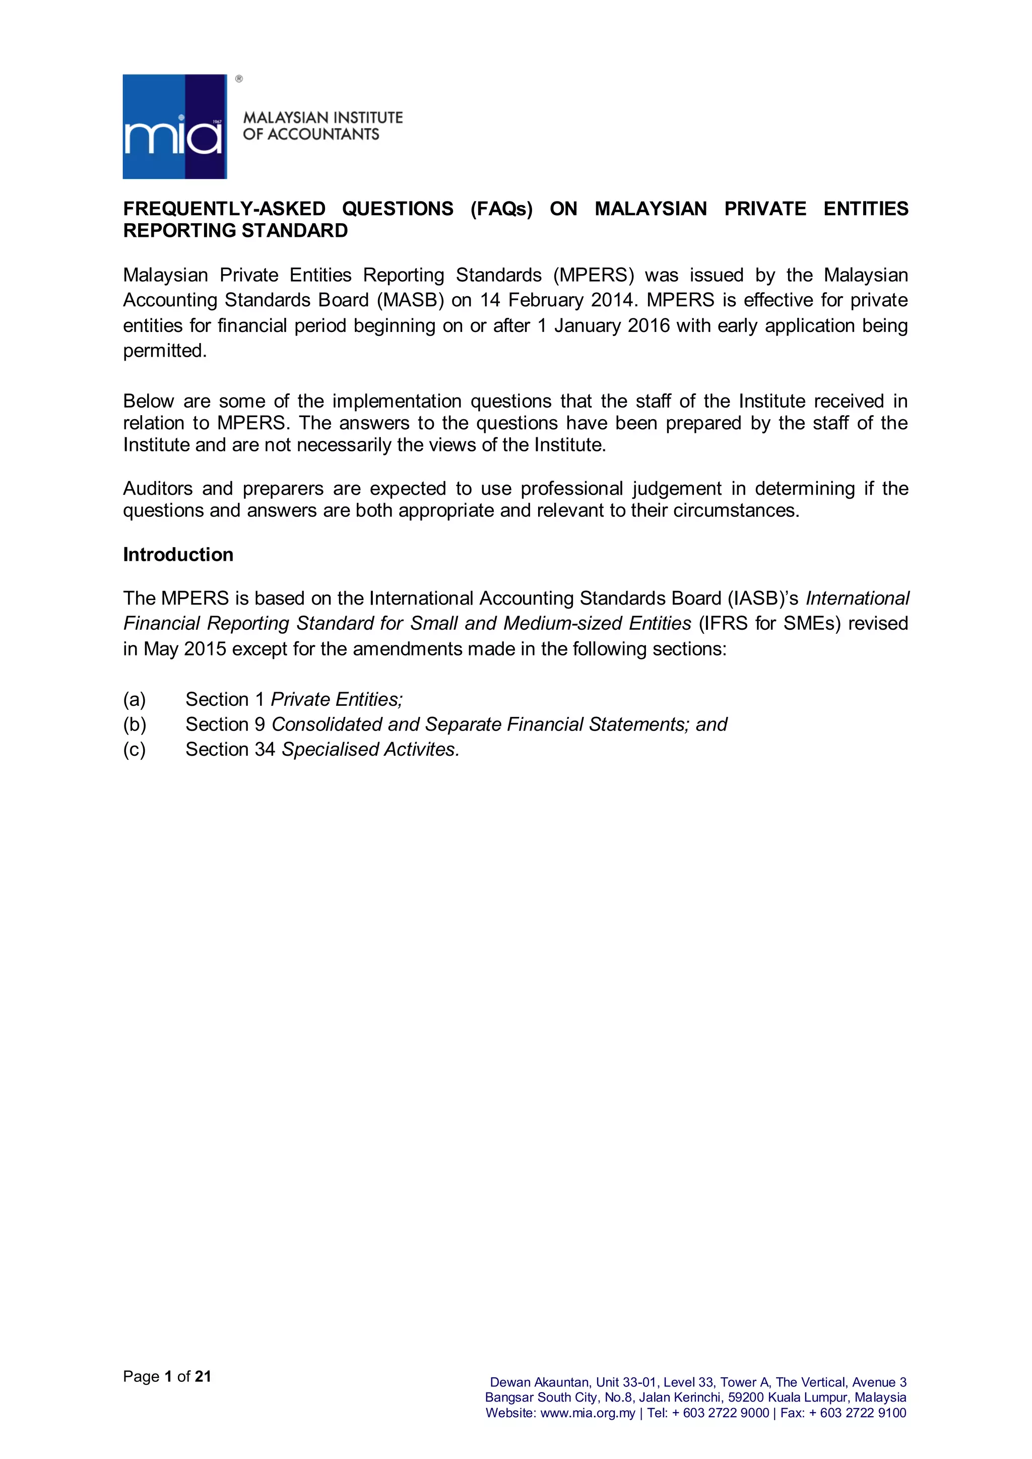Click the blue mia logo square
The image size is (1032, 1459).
click(x=175, y=126)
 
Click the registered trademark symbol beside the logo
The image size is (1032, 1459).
click(x=239, y=79)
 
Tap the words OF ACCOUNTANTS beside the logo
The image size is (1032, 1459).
click(x=311, y=135)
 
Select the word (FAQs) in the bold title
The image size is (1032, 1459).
click(x=501, y=209)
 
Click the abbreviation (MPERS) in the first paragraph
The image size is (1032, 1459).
click(x=594, y=275)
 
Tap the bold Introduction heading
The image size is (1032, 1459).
click(x=178, y=555)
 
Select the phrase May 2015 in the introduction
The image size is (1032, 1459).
click(x=185, y=649)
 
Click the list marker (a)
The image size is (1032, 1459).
click(x=135, y=700)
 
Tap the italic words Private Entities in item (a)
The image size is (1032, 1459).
click(x=336, y=700)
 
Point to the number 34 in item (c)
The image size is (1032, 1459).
click(x=265, y=750)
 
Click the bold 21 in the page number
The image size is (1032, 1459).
click(x=203, y=1376)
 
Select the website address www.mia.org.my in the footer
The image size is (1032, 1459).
click(x=588, y=1413)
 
